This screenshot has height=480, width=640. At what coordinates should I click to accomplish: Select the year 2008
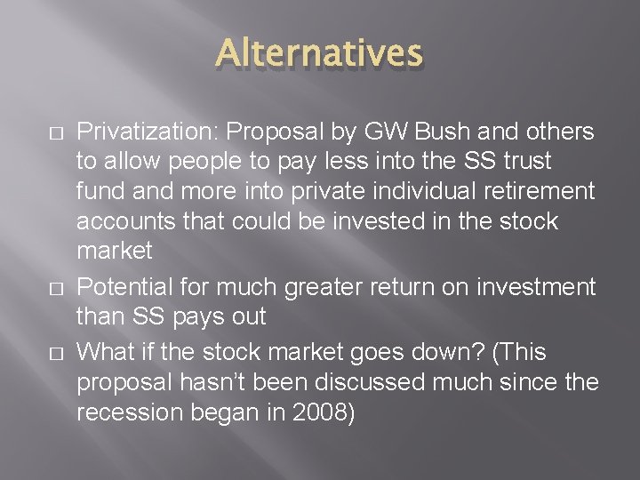point(325,413)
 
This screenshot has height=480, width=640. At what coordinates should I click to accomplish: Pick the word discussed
point(374,383)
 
